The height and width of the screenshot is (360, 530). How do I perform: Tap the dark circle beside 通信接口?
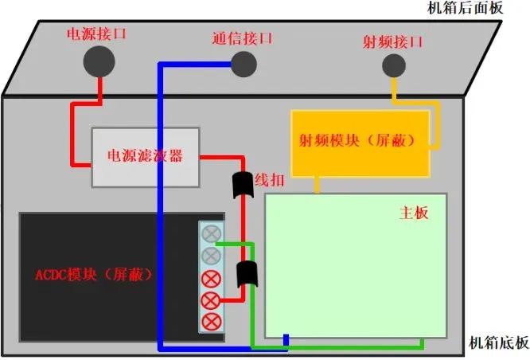[243, 63]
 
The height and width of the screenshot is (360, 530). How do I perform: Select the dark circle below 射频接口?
[393, 65]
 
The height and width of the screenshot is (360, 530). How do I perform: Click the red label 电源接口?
[95, 34]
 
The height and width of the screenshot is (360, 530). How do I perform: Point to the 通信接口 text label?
[243, 38]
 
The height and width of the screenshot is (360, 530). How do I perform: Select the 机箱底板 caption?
[499, 343]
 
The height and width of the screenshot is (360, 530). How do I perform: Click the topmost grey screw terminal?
[211, 234]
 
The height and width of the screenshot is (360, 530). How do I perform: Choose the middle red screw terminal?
[211, 300]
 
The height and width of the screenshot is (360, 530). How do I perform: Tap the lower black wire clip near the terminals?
[246, 274]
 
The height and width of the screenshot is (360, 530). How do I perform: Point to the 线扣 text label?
[265, 181]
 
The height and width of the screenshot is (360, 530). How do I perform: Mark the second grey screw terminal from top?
[211, 256]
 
